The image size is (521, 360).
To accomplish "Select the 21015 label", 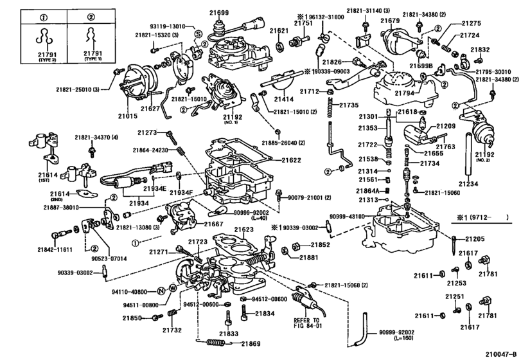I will coord(128,117).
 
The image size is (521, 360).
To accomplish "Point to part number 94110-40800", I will coord(136,291).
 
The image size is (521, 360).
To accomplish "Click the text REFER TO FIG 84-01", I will coord(306,323).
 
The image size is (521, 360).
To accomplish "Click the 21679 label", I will coord(390,21).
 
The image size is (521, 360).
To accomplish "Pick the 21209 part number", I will coord(446,126).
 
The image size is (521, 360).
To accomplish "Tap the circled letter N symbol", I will coord(163,291).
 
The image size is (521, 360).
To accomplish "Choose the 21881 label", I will coord(310,257).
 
